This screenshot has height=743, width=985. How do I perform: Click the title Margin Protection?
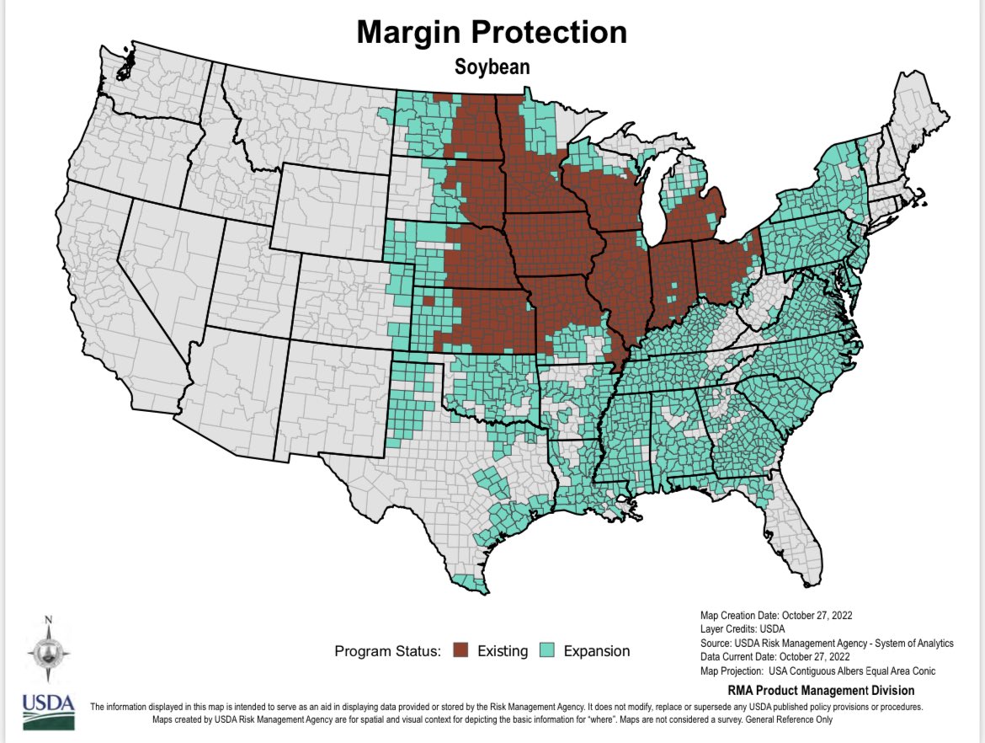click(492, 33)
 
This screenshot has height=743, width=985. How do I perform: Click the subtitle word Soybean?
click(492, 65)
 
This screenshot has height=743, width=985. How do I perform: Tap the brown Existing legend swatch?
click(460, 650)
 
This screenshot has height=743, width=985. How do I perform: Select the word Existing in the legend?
click(503, 650)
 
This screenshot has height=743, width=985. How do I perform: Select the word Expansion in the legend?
click(596, 650)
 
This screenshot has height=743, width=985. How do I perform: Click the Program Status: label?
click(388, 650)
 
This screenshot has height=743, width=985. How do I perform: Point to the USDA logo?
click(48, 711)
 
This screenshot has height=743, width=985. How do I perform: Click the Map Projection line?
click(817, 671)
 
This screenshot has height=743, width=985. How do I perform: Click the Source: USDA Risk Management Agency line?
click(827, 643)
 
